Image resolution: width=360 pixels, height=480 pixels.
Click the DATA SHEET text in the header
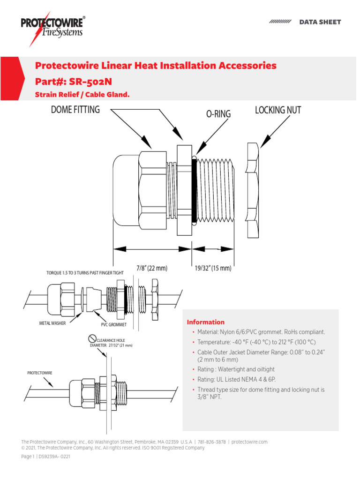[320, 22]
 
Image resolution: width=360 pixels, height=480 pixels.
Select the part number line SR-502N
[74, 81]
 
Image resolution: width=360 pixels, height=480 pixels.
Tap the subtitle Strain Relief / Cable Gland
[82, 95]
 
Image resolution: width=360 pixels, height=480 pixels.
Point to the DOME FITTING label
[75, 110]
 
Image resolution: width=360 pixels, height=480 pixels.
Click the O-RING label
[219, 114]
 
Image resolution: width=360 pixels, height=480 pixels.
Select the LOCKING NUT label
[278, 110]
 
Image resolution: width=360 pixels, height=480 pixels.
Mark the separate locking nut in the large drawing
[252, 190]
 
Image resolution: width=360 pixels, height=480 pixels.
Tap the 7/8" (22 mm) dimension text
[152, 268]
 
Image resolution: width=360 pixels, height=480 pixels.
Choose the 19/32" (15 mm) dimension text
[213, 268]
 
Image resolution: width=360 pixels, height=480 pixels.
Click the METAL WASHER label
[52, 323]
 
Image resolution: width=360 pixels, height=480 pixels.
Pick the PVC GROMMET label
[114, 324]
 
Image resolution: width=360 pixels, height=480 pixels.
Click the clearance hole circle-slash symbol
[92, 339]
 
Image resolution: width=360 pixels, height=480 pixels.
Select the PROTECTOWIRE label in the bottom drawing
[40, 373]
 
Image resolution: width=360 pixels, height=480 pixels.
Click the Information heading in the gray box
[206, 322]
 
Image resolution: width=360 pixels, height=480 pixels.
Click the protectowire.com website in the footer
[249, 442]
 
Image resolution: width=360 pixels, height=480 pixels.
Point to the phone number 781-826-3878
[211, 442]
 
